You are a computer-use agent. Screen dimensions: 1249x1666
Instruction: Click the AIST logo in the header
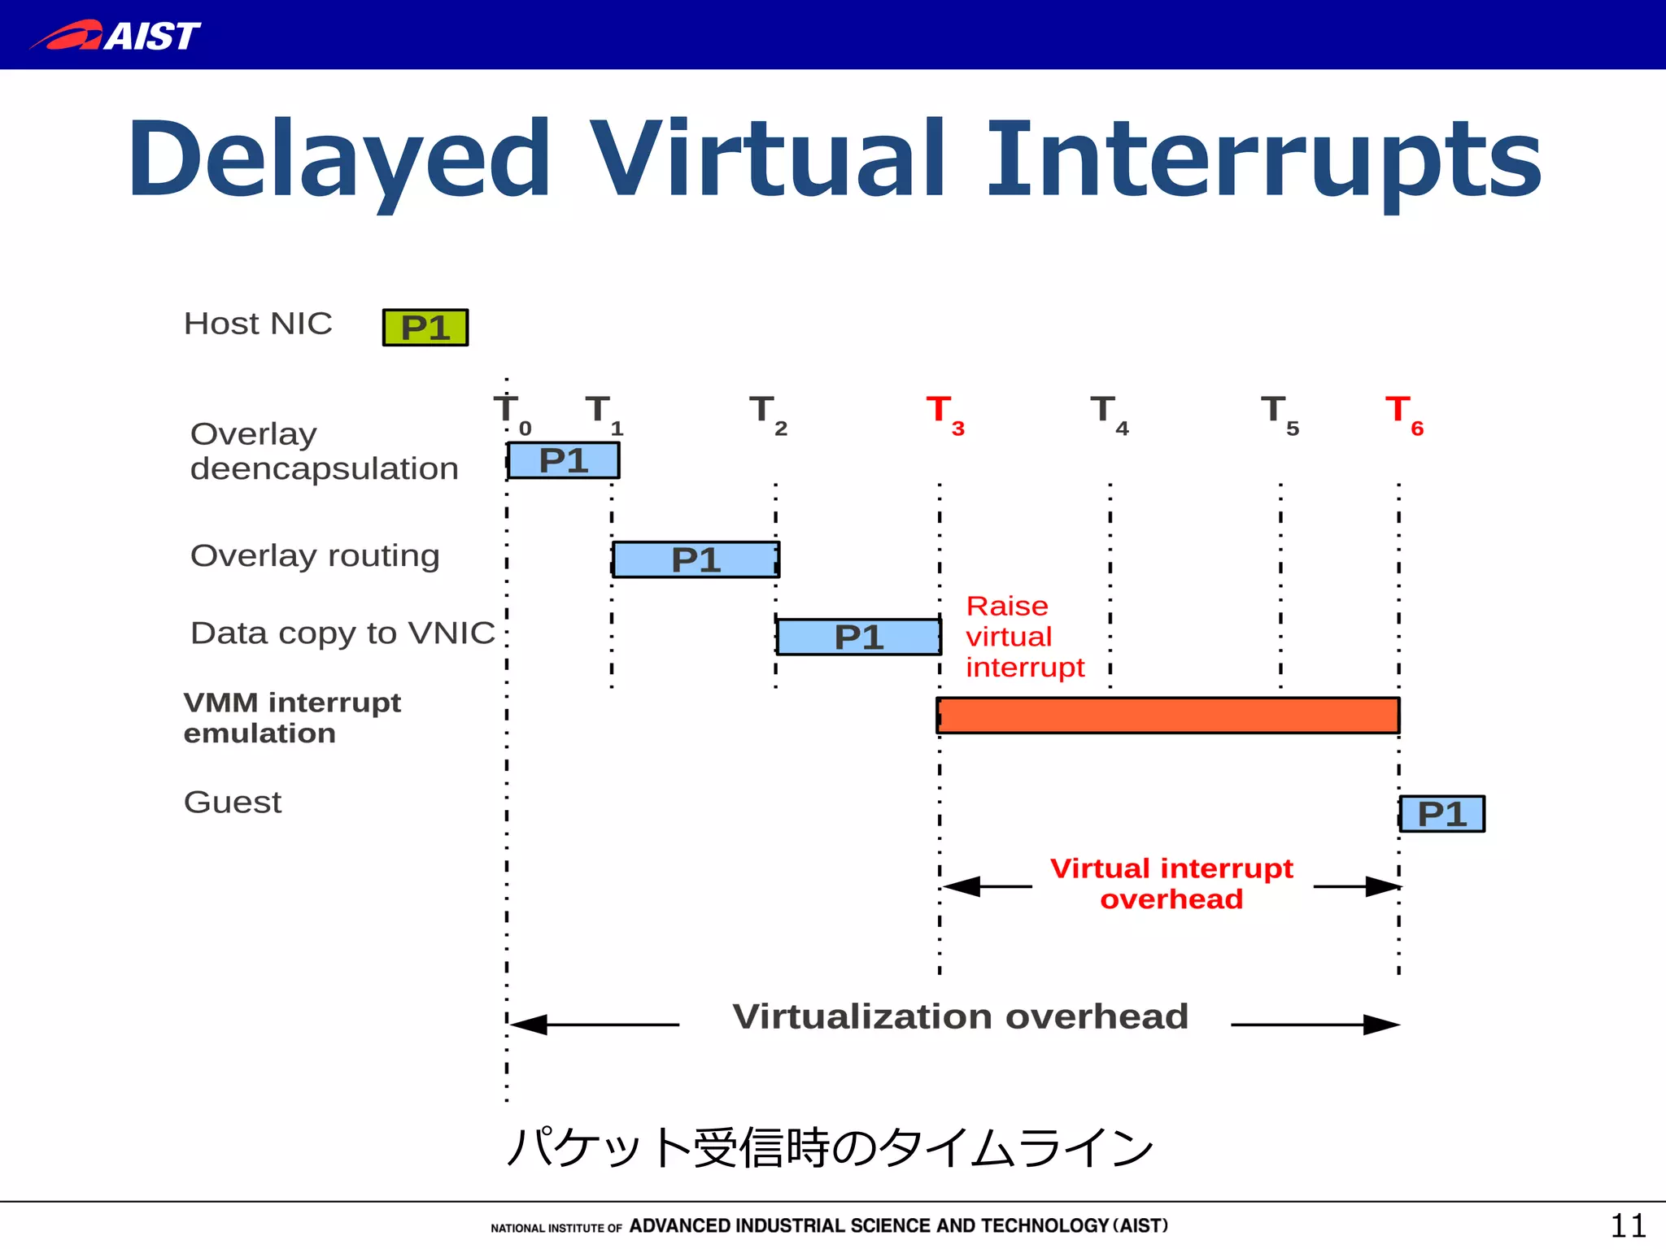(116, 35)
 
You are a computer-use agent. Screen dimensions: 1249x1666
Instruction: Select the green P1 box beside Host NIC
(425, 328)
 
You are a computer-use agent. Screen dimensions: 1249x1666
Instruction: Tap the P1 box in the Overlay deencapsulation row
(563, 460)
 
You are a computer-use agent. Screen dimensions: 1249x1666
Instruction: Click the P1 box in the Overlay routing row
(696, 559)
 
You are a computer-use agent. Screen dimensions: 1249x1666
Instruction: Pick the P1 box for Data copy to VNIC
(859, 637)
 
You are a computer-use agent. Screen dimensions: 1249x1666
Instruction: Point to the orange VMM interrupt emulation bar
(1167, 716)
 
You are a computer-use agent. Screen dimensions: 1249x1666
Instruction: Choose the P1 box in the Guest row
(1442, 814)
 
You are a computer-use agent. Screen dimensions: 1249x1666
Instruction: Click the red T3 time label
(944, 414)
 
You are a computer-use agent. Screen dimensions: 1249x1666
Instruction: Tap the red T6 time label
(1403, 414)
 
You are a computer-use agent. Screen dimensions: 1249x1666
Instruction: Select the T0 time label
(511, 414)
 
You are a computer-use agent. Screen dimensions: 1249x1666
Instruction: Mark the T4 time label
(1108, 414)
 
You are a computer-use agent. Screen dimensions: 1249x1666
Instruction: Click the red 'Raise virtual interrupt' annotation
(1023, 637)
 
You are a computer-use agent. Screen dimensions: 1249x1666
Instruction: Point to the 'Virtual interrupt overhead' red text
(1171, 884)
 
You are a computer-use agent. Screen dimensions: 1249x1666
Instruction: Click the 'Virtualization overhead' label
(960, 1016)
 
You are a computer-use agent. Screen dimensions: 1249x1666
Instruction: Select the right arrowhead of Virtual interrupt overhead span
(1383, 886)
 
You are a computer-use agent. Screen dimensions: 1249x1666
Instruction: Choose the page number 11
(1628, 1225)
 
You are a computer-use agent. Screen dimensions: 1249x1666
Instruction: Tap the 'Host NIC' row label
(258, 324)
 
